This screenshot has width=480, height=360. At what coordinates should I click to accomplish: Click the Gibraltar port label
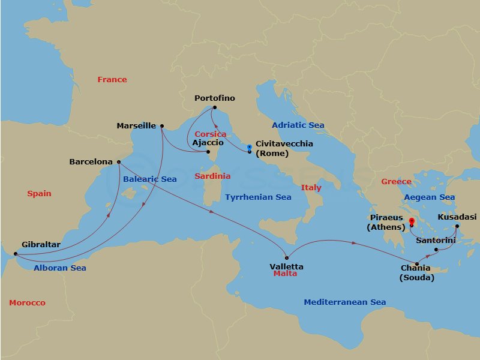(x=41, y=245)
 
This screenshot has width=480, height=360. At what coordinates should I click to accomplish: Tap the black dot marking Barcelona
(x=119, y=161)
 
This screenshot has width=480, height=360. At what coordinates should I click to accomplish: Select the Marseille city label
(x=136, y=126)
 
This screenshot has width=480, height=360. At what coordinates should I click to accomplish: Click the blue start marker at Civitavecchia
(x=250, y=147)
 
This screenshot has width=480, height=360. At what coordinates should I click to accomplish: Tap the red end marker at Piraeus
(x=412, y=222)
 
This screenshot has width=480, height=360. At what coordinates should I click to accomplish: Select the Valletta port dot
(x=287, y=258)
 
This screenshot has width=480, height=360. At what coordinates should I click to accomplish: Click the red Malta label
(x=285, y=274)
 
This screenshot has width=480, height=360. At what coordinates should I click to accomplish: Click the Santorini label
(x=436, y=240)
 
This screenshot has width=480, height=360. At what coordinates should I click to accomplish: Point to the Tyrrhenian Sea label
(x=258, y=197)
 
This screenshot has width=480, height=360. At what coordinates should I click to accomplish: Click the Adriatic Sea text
(x=298, y=125)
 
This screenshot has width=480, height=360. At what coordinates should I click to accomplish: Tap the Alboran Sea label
(x=60, y=268)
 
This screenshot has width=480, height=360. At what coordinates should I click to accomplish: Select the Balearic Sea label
(x=150, y=179)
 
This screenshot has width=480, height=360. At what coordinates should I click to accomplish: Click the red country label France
(x=112, y=79)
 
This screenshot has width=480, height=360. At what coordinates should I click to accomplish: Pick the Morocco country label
(x=27, y=302)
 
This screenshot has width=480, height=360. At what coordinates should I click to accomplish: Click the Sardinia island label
(x=212, y=176)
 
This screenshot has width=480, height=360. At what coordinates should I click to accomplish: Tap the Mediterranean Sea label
(x=344, y=302)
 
